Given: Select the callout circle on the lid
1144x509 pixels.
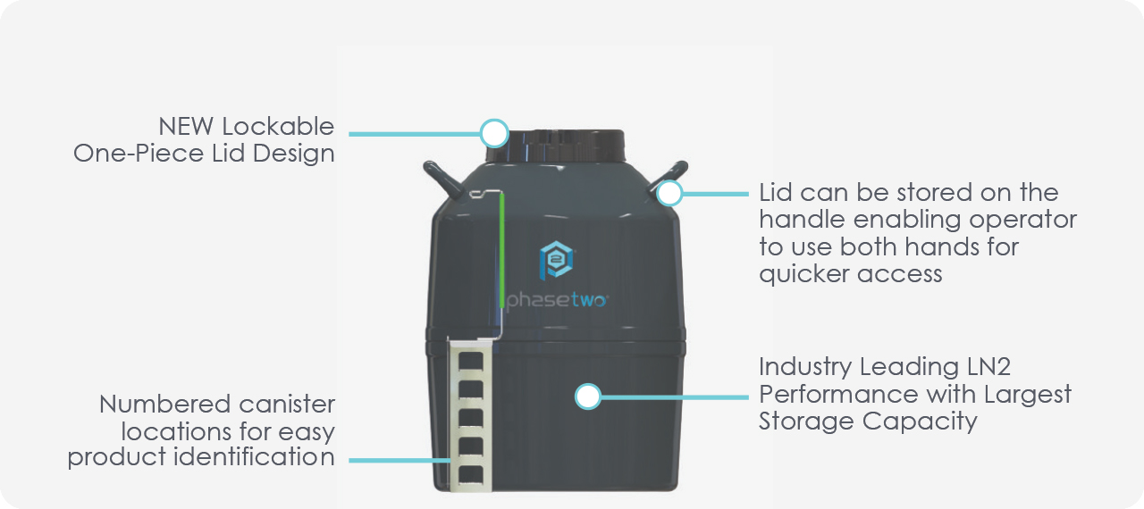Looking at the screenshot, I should (x=493, y=134).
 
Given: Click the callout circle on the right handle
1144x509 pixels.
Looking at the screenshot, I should (x=669, y=193).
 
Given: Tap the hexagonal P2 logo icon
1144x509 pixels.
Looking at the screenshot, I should (x=556, y=259).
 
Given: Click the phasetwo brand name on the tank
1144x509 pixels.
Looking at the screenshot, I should (x=557, y=301).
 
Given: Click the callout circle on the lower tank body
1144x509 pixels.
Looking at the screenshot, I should (x=587, y=396).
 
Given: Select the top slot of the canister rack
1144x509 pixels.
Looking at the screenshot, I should (x=471, y=362).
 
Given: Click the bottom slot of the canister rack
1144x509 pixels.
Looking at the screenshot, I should (x=471, y=471).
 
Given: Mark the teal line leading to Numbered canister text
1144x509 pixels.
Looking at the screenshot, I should (x=398, y=460).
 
